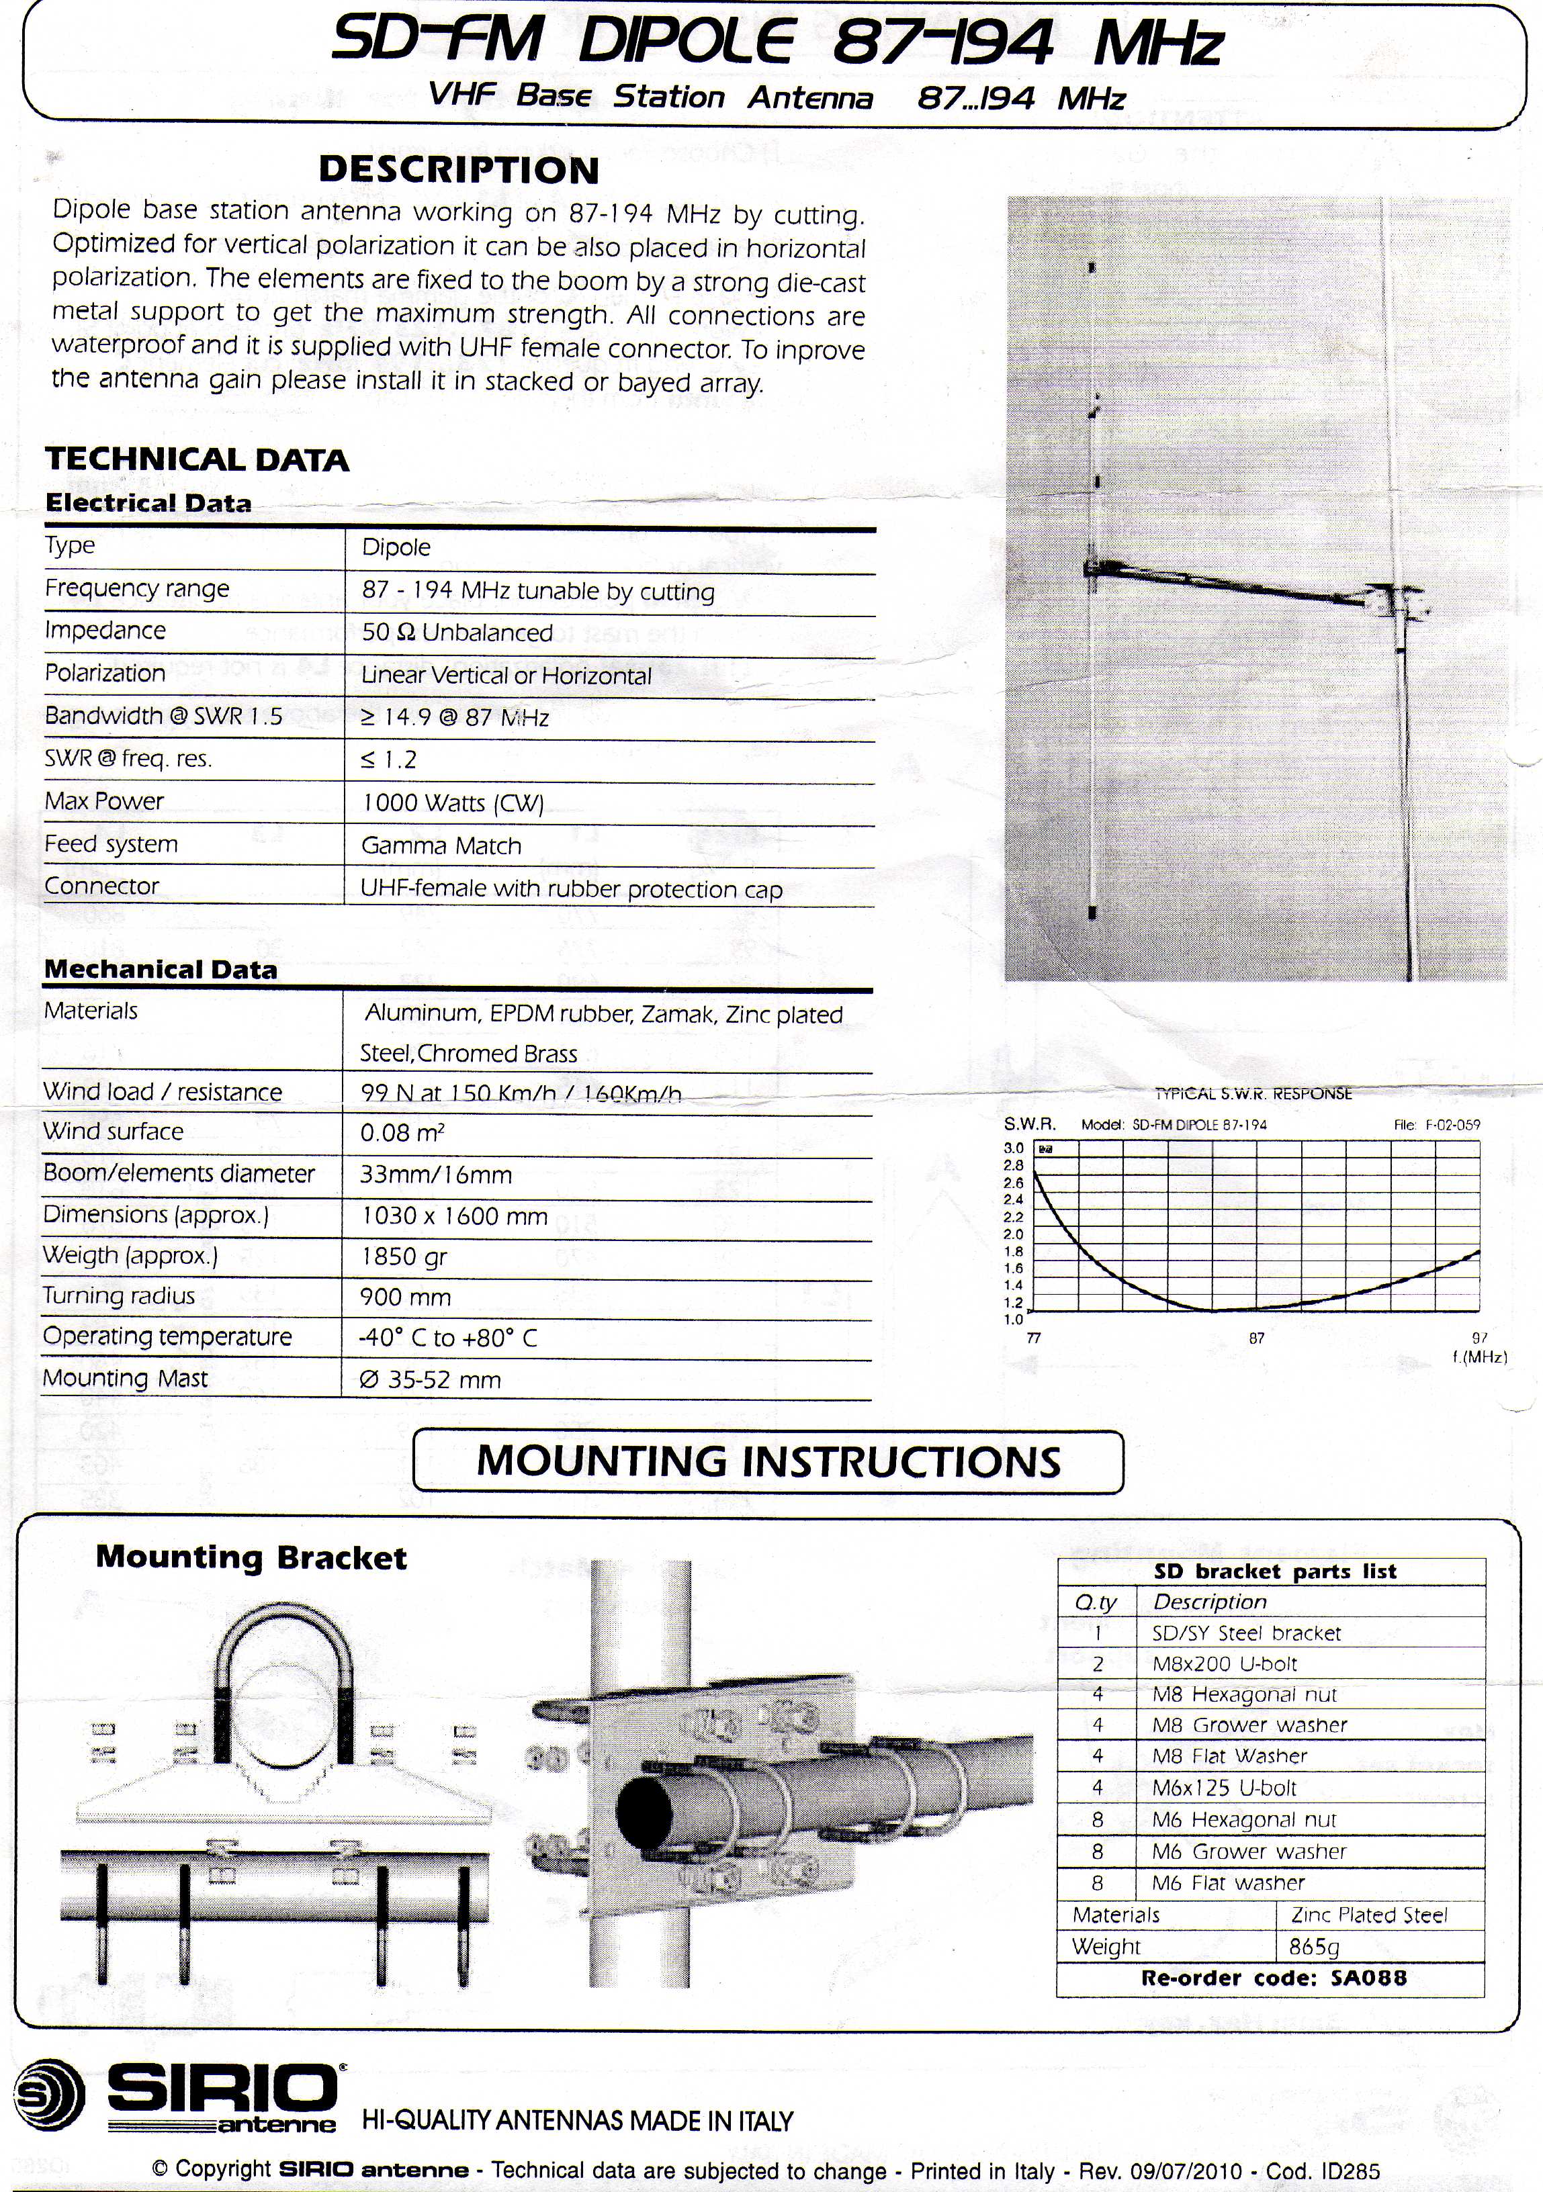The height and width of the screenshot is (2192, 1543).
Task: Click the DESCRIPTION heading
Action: click(x=458, y=170)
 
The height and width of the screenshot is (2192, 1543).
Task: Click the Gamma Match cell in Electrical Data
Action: click(x=441, y=846)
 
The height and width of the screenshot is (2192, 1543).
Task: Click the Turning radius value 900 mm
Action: click(x=405, y=1297)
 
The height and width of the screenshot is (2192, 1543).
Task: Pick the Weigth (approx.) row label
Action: click(x=131, y=1254)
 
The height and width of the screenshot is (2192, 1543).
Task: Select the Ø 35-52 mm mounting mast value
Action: click(x=430, y=1379)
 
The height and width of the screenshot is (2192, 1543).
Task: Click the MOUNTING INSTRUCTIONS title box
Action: click(x=768, y=1461)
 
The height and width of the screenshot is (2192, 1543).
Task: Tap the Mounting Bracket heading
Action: click(x=251, y=1558)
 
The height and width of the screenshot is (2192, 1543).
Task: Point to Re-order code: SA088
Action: click(x=1274, y=1977)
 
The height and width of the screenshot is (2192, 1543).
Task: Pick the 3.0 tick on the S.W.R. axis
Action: click(x=1013, y=1148)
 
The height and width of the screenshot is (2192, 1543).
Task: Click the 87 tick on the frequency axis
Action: click(x=1257, y=1338)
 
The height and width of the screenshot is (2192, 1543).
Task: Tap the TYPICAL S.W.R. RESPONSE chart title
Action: click(x=1253, y=1094)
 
